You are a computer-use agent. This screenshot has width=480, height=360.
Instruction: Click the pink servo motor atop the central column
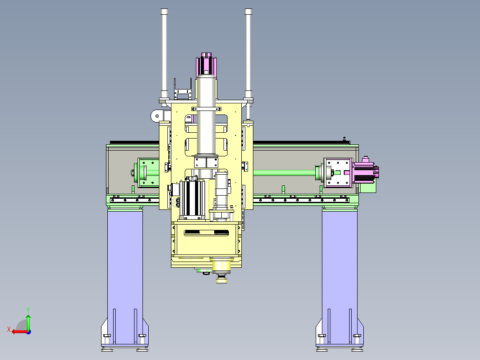(x=206, y=65)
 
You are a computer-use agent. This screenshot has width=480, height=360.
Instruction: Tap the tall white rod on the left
(x=164, y=53)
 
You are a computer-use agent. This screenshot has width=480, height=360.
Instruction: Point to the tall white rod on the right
(x=248, y=53)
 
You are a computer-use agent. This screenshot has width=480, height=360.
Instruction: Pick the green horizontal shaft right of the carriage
(x=285, y=173)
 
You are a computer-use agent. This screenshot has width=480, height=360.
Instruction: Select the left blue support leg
(x=125, y=276)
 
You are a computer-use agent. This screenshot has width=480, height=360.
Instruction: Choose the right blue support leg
(x=339, y=276)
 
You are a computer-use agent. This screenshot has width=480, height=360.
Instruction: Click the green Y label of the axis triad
(x=28, y=310)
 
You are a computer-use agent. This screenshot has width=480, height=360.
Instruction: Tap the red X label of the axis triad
(x=9, y=329)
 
